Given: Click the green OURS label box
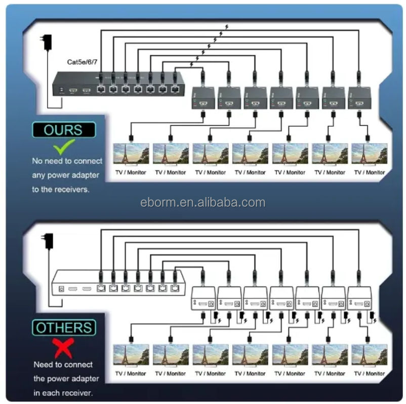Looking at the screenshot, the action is pyautogui.click(x=63, y=130).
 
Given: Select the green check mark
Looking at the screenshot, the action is pyautogui.click(x=65, y=147).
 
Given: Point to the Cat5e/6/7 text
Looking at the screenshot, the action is pyautogui.click(x=82, y=63).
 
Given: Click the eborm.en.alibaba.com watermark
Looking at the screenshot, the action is pyautogui.click(x=202, y=203).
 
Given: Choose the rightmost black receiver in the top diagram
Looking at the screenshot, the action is pyautogui.click(x=361, y=98).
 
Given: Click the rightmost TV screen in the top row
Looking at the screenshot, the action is pyautogui.click(x=369, y=154).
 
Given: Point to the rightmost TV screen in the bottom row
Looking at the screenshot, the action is pyautogui.click(x=369, y=355).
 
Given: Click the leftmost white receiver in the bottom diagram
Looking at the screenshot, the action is pyautogui.click(x=204, y=299).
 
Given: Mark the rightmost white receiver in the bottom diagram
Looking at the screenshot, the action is pyautogui.click(x=360, y=299).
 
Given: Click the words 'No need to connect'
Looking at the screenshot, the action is pyautogui.click(x=67, y=161).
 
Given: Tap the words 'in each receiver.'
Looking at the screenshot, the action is pyautogui.click(x=63, y=393).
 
